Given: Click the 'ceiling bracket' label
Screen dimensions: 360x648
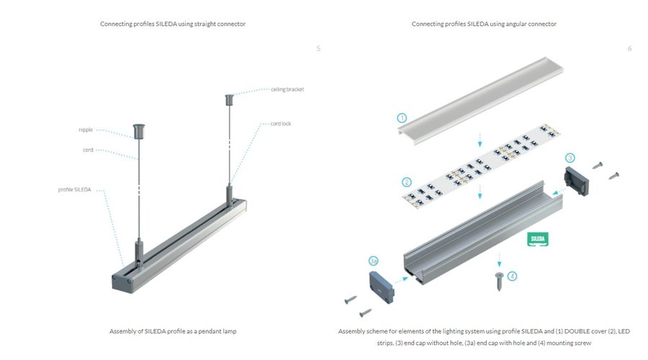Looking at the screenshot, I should [x=287, y=89].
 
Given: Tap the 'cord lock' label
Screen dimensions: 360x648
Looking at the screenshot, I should [x=281, y=124].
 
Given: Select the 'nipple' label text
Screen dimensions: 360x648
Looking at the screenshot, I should [x=86, y=130].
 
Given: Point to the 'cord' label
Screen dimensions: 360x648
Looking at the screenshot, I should [x=88, y=150].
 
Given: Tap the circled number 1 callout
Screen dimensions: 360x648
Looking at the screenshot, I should [x=402, y=117].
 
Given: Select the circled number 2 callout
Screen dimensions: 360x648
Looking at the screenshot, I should [x=407, y=182].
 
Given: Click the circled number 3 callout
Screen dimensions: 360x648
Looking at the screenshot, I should [x=570, y=157].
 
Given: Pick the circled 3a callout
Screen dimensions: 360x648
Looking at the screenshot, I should [x=373, y=260].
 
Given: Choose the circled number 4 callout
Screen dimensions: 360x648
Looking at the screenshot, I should [x=512, y=276].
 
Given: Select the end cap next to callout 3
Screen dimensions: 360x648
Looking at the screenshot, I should [x=579, y=180].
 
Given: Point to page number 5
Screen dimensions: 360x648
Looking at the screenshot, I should [x=318, y=48].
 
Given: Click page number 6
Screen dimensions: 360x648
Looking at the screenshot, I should [x=629, y=48].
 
